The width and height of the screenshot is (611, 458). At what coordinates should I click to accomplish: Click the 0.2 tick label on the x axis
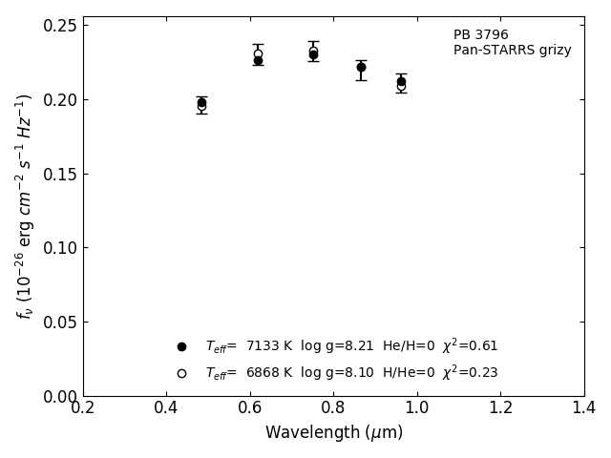pyautogui.click(x=83, y=408)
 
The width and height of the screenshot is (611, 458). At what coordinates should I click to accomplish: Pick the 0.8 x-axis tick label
pyautogui.click(x=333, y=408)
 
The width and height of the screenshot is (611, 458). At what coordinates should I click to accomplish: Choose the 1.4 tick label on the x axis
pyautogui.click(x=583, y=408)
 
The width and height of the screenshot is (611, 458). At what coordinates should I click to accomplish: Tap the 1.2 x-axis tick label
pyautogui.click(x=500, y=408)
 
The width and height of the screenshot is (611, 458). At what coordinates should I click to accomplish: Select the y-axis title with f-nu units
pyautogui.click(x=25, y=205)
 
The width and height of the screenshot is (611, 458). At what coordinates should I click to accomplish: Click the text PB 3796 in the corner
pyautogui.click(x=480, y=35)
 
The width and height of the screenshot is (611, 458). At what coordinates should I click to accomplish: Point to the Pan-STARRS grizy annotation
pyautogui.click(x=512, y=51)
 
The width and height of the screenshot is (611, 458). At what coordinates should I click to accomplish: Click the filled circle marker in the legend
pyautogui.click(x=181, y=346)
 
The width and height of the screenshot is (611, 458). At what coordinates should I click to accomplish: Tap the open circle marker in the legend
pyautogui.click(x=181, y=373)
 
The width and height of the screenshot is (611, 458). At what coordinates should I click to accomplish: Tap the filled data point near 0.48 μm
pyautogui.click(x=201, y=102)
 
